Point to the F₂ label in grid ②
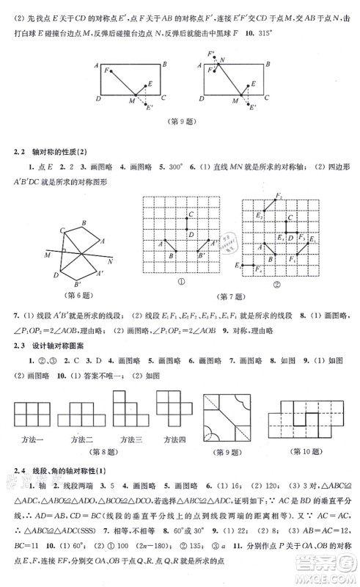[x=279, y=196]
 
